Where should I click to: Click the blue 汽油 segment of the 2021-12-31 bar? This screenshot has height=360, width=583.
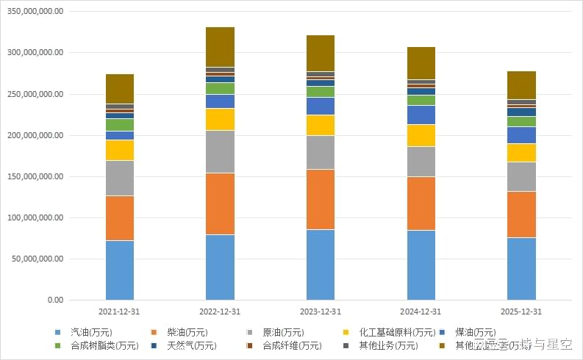click(120, 270)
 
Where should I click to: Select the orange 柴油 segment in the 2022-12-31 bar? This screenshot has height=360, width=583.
click(220, 204)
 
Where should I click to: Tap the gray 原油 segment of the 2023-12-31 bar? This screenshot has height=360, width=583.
click(321, 152)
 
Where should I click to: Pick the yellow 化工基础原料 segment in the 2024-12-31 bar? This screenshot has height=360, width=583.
click(421, 135)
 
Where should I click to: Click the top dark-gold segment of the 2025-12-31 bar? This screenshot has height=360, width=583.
click(521, 85)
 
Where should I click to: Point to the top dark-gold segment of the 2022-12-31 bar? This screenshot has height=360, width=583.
click(220, 47)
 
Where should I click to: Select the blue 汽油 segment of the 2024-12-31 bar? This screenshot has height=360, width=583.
click(421, 264)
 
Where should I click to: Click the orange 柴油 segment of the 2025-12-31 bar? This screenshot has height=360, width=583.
click(521, 214)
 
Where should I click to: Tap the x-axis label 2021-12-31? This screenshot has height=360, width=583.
click(120, 312)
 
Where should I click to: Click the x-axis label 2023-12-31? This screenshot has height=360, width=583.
click(321, 312)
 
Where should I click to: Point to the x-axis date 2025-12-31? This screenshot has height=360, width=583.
click(521, 312)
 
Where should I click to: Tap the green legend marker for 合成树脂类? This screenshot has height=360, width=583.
click(57, 345)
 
